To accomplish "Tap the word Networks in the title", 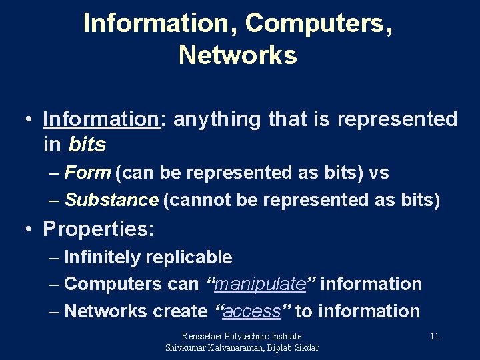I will tap(238, 55).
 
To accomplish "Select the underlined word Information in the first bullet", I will tap(99, 119).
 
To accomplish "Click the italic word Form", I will tap(88, 173).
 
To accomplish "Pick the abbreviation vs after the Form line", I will tap(379, 173).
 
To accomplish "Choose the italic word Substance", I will tap(111, 199).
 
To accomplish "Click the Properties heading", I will tap(98, 229).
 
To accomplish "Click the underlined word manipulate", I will tap(260, 284).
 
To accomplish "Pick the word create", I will tap(180, 311).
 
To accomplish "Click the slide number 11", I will tap(434, 336).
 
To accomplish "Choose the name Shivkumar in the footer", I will tap(187, 347).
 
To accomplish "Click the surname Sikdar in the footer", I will tap(305, 347).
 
